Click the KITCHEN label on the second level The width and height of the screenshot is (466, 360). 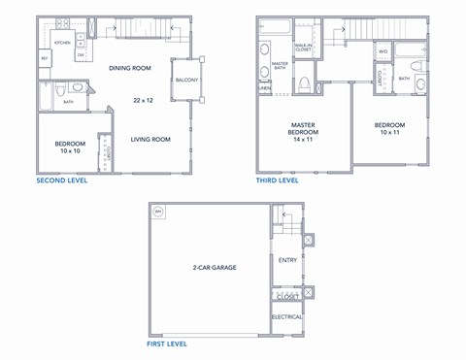point(62,44)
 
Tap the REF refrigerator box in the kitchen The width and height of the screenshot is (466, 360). point(45,58)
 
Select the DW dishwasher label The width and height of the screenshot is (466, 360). point(80,55)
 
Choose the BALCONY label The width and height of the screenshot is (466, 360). point(186,81)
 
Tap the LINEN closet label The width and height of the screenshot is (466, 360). point(265,88)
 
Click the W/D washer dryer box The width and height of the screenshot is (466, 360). point(383,51)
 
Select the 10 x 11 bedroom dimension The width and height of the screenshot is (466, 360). point(389,132)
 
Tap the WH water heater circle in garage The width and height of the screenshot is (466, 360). point(158,212)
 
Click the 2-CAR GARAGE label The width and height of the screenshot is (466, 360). point(215,267)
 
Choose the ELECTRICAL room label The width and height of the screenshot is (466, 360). point(287,316)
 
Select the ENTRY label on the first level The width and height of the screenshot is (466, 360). point(288,260)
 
